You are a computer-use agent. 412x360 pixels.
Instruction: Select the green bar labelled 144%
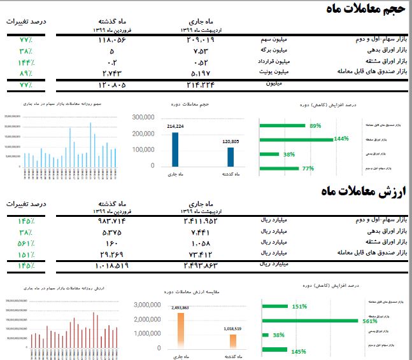click(296, 139)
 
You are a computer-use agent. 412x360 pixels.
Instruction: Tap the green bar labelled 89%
click(283, 126)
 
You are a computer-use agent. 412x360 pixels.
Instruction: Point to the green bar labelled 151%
click(276, 306)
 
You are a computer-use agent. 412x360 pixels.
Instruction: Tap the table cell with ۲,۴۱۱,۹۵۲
click(201, 221)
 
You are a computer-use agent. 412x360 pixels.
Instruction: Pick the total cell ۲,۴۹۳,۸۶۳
click(201, 265)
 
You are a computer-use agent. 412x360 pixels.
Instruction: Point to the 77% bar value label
click(308, 169)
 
